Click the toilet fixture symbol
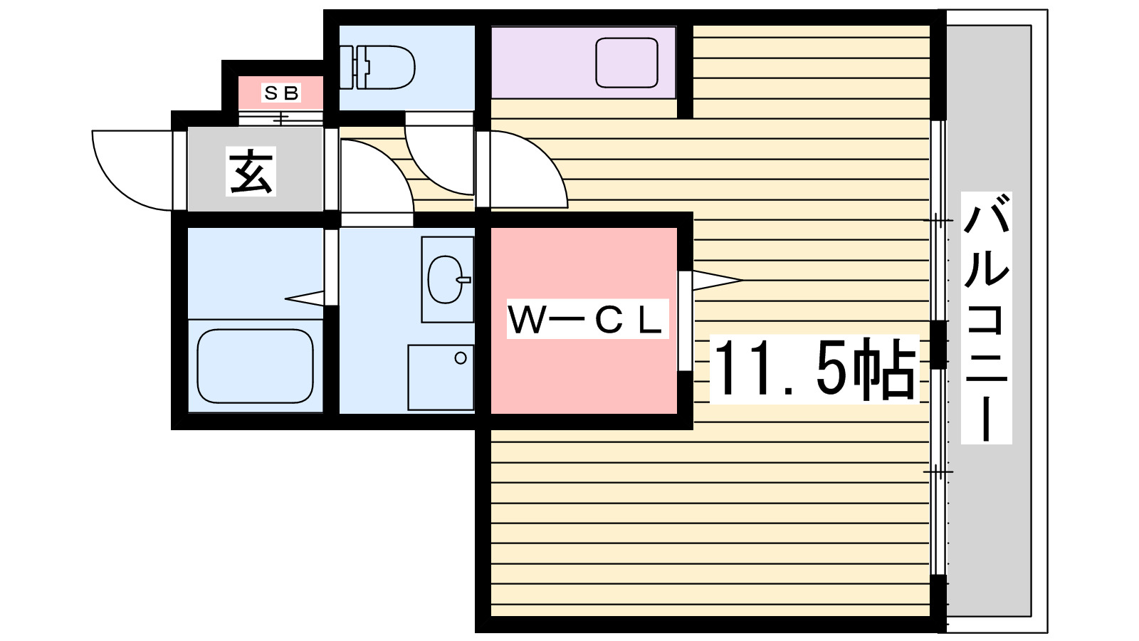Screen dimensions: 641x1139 click(x=384, y=67)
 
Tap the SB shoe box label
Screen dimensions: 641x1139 click(x=281, y=93)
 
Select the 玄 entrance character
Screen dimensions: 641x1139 click(x=251, y=172)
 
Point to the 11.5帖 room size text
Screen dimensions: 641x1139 click(x=814, y=368)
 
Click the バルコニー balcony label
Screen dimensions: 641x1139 click(x=986, y=317)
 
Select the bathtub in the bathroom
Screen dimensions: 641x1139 click(x=255, y=365)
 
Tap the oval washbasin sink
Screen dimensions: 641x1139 click(x=446, y=279)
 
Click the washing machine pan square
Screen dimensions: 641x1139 click(x=441, y=377)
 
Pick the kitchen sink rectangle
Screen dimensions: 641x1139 click(x=626, y=63)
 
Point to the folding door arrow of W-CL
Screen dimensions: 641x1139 click(x=715, y=280)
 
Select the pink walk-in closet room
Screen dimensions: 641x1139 click(x=584, y=370)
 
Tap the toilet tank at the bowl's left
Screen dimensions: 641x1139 click(x=347, y=67)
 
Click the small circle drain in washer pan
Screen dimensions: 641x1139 click(x=461, y=358)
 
